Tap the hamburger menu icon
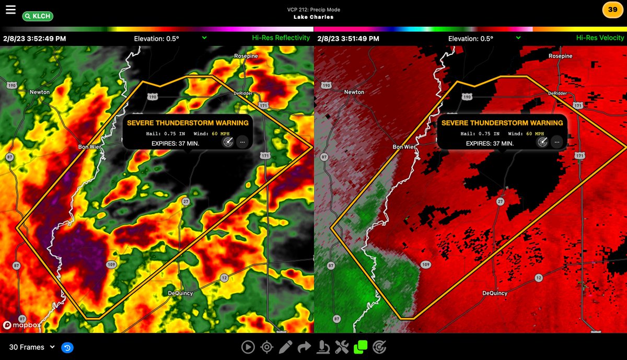pos(10,9)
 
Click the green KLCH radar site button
pos(37,16)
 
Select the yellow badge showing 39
pos(612,9)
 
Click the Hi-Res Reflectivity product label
pos(281,38)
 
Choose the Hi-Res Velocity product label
pos(600,38)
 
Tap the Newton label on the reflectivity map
pos(40,92)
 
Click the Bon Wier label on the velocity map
pos(404,147)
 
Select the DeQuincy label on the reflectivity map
pos(180,293)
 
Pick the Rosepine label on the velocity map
pos(561,56)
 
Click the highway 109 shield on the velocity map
pos(425,265)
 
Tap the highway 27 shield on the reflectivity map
pos(185,201)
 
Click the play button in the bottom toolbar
pos(248,346)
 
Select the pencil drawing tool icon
pos(285,346)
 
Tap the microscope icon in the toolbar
pos(323,346)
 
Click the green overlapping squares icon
pos(361,346)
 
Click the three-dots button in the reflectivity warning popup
pos(242,142)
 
